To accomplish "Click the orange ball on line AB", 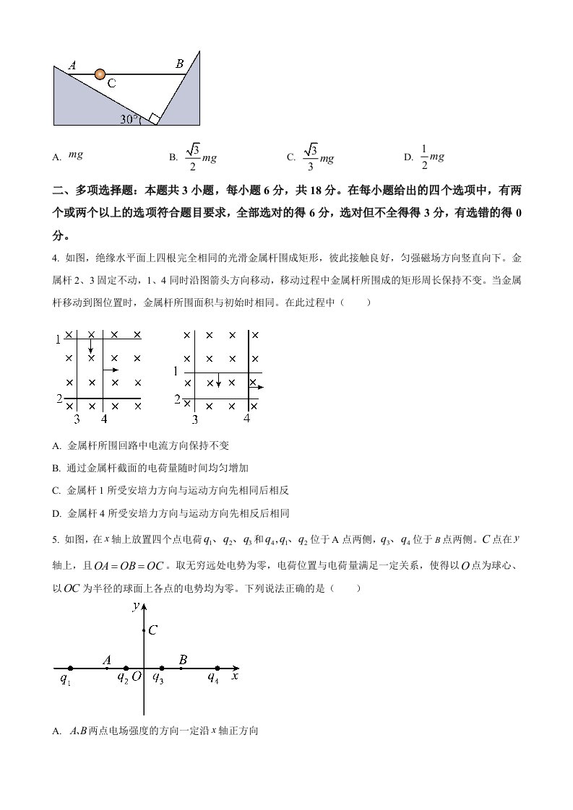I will coord(100,74).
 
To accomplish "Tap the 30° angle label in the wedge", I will coord(130,119).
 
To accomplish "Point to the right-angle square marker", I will coord(153,118).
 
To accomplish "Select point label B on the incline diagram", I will coord(179,64).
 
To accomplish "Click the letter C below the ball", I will coord(111,84).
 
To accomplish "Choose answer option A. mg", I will coord(75,154).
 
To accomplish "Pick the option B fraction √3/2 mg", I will coord(202,156).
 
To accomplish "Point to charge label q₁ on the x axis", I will coord(66,678).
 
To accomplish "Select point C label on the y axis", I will coord(153,630).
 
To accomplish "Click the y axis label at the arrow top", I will coord(135,607).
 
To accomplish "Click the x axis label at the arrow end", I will coord(234,676).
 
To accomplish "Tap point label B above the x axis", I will coord(183,659).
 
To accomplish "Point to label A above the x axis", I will coord(107,659).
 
